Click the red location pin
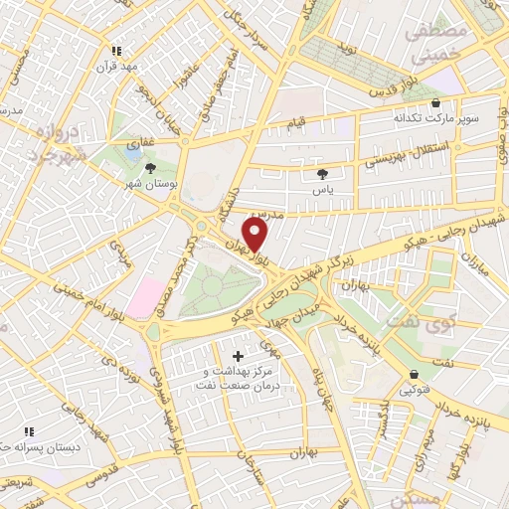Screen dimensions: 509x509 pos(254,236)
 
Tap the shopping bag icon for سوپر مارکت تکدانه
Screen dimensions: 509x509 pos(435,102)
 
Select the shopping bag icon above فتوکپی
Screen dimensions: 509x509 pos(414,374)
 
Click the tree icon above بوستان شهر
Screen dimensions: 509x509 pos(150,169)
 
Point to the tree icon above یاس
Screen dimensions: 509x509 pos(321,172)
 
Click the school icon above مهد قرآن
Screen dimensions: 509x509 pos(116,50)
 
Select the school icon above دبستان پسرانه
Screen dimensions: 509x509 pos(29,431)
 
